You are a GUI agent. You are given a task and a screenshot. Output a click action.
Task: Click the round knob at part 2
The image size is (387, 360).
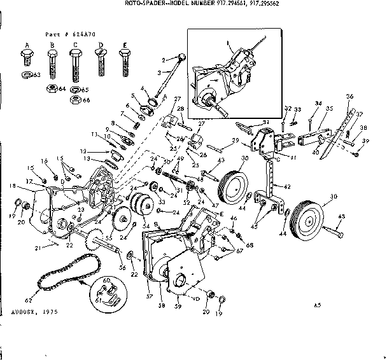(183, 58)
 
